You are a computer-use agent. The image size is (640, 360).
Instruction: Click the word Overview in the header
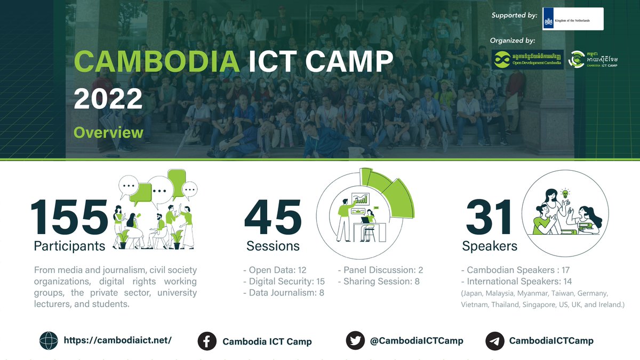click(x=108, y=132)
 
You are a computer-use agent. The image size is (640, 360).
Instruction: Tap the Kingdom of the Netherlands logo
click(x=572, y=19)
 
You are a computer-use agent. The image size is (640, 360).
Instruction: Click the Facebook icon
click(x=207, y=341)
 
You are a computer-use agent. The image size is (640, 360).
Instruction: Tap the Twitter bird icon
click(x=355, y=340)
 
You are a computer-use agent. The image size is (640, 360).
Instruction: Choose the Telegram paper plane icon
click(x=494, y=341)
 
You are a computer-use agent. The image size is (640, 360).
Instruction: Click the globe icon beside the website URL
click(x=49, y=340)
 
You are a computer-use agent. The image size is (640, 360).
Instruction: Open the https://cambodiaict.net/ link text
click(x=117, y=340)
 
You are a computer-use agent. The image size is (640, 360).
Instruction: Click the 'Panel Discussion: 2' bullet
click(x=380, y=270)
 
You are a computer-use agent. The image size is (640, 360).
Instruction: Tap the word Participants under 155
click(x=69, y=246)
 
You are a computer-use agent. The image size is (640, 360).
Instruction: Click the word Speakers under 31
click(x=489, y=246)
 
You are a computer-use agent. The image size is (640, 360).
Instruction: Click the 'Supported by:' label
click(x=514, y=15)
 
